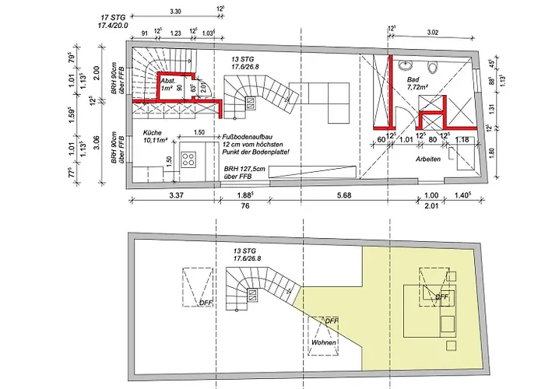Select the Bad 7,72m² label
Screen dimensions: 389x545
(420, 84)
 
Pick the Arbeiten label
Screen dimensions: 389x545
(429, 159)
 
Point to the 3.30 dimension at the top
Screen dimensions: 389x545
(175, 12)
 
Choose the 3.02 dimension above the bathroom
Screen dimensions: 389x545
(433, 33)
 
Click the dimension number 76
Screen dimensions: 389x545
(246, 207)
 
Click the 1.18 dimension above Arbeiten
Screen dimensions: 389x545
(460, 138)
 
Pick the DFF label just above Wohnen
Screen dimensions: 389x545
(332, 320)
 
